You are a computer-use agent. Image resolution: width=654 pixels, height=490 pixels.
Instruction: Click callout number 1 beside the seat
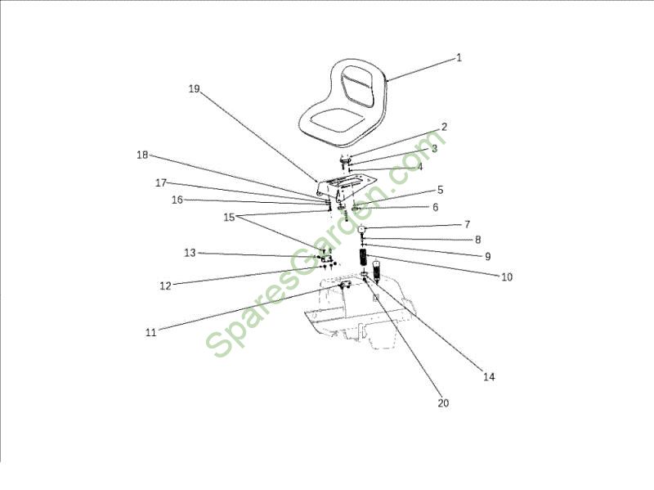[x=459, y=57]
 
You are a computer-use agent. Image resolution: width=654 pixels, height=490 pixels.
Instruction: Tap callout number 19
[x=195, y=88]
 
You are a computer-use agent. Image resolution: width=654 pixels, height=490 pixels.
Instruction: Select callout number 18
[x=142, y=155]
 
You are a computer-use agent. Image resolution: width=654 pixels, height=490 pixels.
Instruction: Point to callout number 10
[x=507, y=276]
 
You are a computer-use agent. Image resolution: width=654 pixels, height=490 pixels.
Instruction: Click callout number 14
[x=489, y=376]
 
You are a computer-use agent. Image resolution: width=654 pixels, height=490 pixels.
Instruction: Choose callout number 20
[x=443, y=402]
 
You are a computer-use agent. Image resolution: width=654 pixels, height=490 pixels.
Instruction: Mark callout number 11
[x=151, y=333]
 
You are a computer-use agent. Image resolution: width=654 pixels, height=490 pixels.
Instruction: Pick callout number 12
[x=166, y=286]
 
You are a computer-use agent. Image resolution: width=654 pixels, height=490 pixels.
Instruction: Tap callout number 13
[x=190, y=253]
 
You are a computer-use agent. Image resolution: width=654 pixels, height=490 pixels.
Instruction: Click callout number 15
[x=230, y=218]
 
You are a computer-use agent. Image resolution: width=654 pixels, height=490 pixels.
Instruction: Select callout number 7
[x=467, y=224]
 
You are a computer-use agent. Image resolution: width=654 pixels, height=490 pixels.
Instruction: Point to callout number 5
[x=441, y=190]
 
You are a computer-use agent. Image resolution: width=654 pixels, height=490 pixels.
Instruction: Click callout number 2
[x=444, y=127]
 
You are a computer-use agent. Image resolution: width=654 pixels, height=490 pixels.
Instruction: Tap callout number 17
[x=161, y=182]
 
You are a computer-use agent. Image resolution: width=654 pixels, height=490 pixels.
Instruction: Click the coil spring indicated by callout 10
[x=365, y=257]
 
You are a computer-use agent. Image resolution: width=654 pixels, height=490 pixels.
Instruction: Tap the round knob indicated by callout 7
[x=362, y=229]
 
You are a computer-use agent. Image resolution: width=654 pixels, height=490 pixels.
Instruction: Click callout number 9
[x=487, y=256]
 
